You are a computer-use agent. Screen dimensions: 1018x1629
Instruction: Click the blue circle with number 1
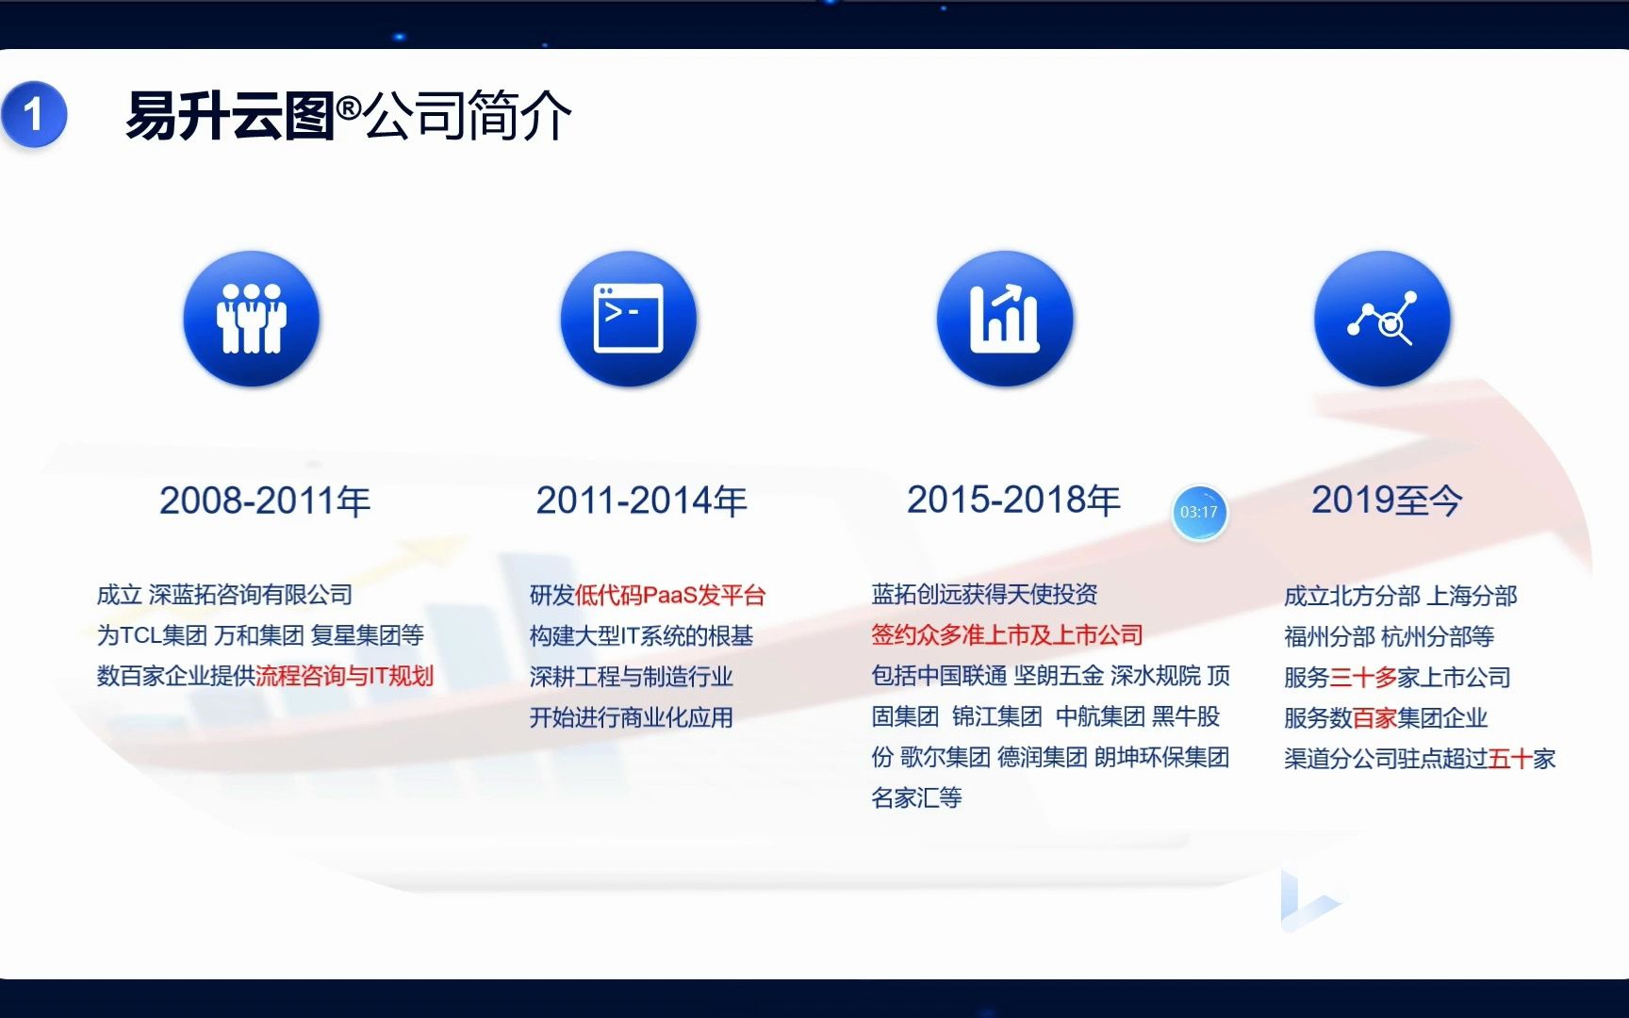click(34, 115)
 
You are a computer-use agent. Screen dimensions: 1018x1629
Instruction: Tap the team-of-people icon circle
click(251, 319)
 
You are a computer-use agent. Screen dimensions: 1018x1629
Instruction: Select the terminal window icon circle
click(628, 319)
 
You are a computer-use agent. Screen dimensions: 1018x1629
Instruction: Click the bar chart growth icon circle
click(1005, 319)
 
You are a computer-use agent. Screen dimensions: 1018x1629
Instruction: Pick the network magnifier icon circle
click(1382, 319)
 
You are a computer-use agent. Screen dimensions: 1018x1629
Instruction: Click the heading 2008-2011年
click(265, 501)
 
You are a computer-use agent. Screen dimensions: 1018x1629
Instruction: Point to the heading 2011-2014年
click(641, 501)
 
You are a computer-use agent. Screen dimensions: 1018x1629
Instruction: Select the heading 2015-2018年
click(1013, 500)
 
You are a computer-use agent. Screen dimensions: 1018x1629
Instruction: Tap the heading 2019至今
click(1387, 500)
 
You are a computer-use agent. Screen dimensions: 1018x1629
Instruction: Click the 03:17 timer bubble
click(1199, 512)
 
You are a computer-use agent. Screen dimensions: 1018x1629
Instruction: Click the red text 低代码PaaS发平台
click(670, 595)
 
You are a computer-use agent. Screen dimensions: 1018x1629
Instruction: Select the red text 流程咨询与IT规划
click(344, 676)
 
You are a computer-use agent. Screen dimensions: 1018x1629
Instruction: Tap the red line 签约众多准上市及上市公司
click(1007, 634)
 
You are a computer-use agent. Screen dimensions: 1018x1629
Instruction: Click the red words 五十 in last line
click(1510, 758)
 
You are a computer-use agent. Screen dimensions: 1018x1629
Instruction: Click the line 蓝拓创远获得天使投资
click(984, 594)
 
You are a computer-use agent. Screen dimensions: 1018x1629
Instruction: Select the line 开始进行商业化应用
click(631, 717)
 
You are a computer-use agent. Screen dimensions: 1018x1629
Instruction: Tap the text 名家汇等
click(916, 797)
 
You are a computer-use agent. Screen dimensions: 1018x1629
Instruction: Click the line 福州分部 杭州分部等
click(1389, 636)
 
